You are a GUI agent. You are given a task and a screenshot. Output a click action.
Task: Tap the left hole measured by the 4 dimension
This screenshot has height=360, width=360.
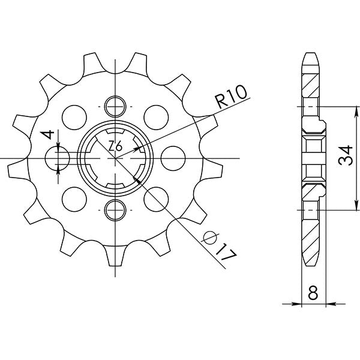coord(59,158)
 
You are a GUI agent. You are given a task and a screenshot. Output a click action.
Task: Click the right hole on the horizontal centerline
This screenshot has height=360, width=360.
coord(172,158)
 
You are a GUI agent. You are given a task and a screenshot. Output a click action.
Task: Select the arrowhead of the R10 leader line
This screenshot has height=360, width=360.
coord(139,146)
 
